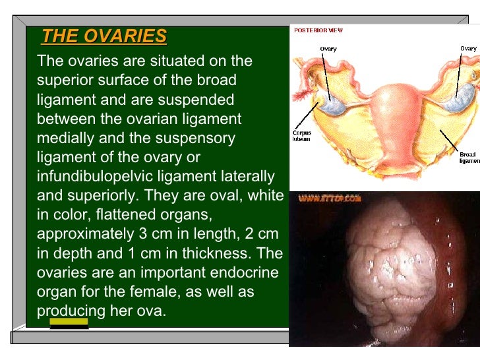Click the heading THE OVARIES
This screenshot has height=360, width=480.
click(104, 36)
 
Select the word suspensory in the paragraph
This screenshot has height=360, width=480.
click(198, 138)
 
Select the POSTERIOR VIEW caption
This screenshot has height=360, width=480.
click(318, 30)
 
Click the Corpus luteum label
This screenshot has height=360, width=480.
click(302, 135)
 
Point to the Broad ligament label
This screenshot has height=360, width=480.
click(468, 158)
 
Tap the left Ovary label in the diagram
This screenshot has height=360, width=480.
click(329, 49)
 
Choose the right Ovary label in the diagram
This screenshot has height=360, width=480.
click(468, 48)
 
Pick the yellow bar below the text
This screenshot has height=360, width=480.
click(69, 322)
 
